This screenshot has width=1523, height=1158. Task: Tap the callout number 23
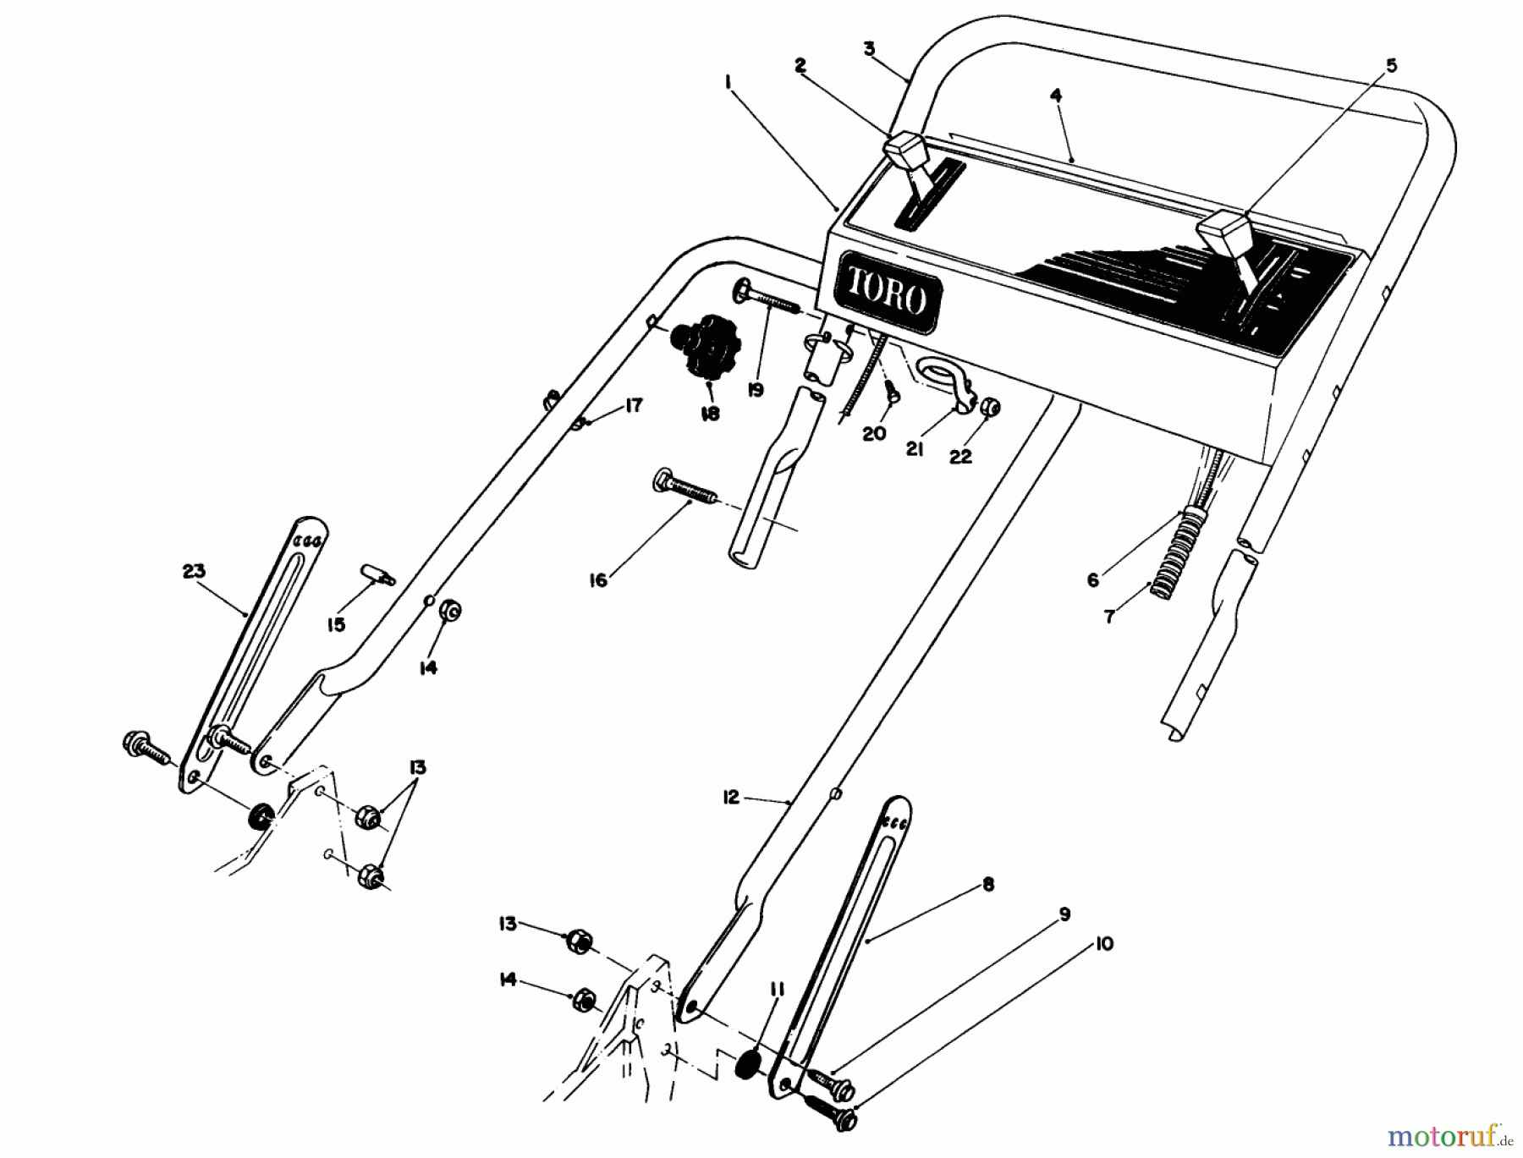tap(195, 571)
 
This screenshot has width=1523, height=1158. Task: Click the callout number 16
tap(598, 580)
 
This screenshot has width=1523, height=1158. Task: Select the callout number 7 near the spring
tap(1108, 617)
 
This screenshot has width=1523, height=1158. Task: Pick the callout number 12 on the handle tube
tap(731, 797)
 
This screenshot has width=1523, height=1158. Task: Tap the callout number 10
tap(1104, 943)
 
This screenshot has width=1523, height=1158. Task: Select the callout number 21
tap(915, 449)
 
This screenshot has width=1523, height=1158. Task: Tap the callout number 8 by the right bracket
tap(988, 885)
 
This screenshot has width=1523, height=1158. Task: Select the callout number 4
tap(1055, 96)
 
